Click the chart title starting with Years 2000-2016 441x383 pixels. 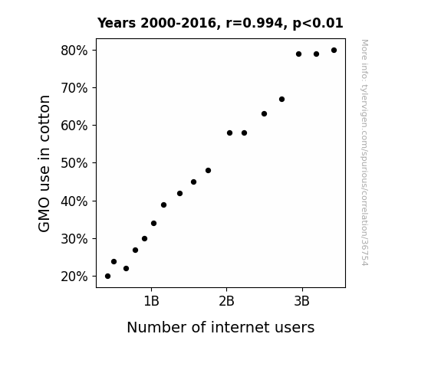coord(220,23)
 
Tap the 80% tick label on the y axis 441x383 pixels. coord(74,51)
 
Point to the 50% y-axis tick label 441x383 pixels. coord(74,163)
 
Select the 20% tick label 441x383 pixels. coord(74,277)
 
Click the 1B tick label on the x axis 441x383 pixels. coord(151,301)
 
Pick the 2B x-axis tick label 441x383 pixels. coord(226,301)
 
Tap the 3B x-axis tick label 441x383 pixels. coord(301,301)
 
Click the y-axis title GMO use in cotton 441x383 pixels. coord(44,163)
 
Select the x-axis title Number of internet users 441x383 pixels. coord(221,327)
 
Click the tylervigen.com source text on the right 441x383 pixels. coord(364,152)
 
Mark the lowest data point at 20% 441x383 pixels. coord(107,277)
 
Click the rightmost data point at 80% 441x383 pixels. coord(334,51)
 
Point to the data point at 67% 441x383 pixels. coord(281,99)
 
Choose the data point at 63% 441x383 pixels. coord(264,114)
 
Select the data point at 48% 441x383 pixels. coord(208,171)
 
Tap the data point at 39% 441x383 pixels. coord(163,205)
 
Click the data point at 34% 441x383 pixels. coord(153,224)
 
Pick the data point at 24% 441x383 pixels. coord(114,262)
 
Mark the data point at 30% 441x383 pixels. coord(144,238)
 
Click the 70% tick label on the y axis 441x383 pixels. coord(74,88)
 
